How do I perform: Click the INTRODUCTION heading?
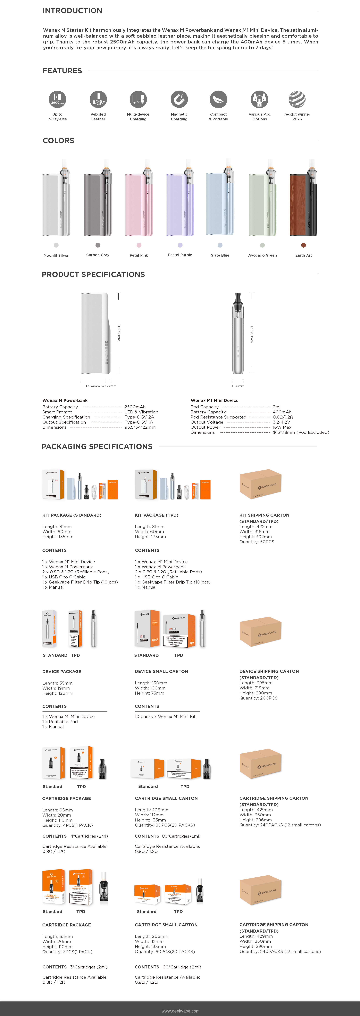(x=72, y=11)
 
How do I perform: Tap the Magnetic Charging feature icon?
(x=179, y=99)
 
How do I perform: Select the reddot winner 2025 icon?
(x=297, y=99)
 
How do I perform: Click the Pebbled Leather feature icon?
(x=98, y=99)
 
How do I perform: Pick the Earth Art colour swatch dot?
(x=303, y=245)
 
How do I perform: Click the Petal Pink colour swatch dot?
(x=139, y=245)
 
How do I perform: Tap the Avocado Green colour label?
(x=262, y=255)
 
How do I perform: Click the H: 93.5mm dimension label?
(x=119, y=332)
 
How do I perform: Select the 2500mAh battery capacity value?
(x=135, y=407)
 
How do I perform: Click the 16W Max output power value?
(x=282, y=427)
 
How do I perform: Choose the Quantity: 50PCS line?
(x=257, y=542)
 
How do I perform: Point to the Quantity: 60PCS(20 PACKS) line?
(x=165, y=951)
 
